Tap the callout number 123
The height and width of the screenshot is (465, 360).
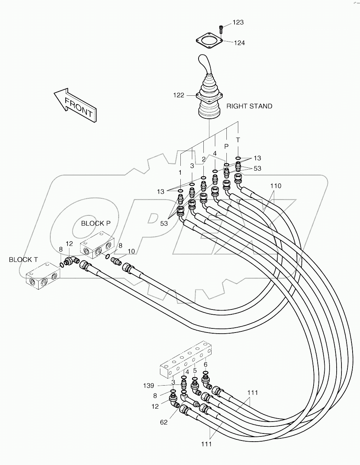(238, 23)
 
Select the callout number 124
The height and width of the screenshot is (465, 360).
(239, 43)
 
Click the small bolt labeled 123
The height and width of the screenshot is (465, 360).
(221, 27)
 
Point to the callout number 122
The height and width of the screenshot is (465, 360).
(179, 95)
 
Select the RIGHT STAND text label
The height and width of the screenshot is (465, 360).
(249, 106)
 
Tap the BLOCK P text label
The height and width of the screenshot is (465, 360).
(95, 223)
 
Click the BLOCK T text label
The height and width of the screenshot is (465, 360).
(23, 260)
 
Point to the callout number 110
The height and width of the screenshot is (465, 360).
(275, 186)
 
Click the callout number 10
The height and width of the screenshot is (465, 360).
(131, 252)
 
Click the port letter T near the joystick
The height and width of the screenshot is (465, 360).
(238, 140)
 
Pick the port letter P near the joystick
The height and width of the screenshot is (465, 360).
(226, 147)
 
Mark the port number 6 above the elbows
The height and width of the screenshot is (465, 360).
(206, 364)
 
